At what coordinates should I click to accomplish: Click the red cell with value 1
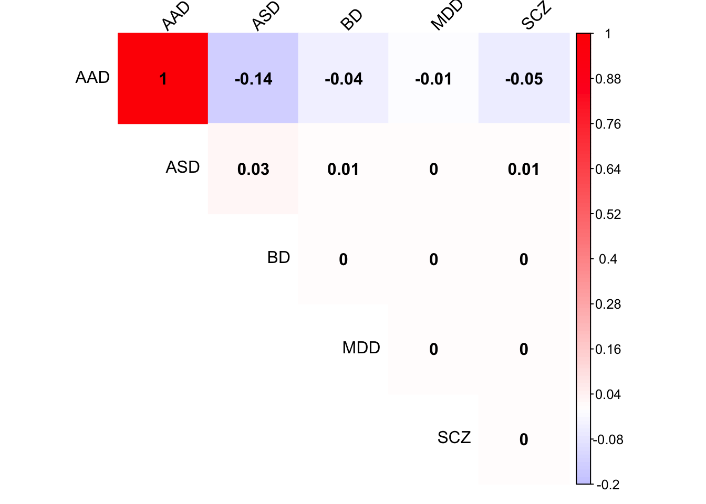point(163,79)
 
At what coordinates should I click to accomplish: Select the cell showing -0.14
point(253,79)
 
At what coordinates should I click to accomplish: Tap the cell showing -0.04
point(344,79)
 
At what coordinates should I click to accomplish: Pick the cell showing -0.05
point(524,79)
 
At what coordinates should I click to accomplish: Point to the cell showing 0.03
point(253,169)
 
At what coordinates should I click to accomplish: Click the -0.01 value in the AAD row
point(433,79)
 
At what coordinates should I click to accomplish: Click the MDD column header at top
point(447,16)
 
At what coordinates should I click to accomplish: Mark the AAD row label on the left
point(92,78)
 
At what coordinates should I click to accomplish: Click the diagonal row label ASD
point(183,167)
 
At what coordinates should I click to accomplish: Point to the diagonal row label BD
point(278,258)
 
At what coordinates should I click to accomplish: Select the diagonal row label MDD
point(361,348)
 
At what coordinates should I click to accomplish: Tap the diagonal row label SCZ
point(454,438)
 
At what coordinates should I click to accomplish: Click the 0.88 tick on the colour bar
point(608,79)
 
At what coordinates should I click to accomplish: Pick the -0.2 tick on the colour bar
point(608,485)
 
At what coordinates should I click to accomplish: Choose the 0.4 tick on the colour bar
point(608,259)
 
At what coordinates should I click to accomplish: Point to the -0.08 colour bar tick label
point(608,439)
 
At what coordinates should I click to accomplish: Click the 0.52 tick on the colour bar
point(608,214)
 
